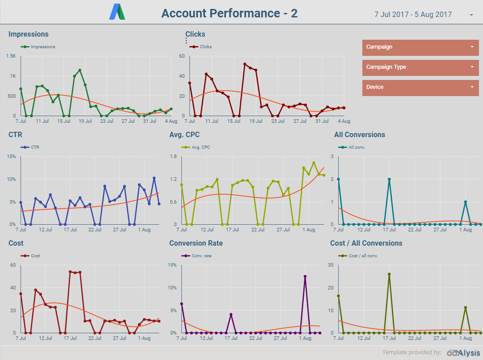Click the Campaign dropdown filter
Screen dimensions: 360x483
click(x=420, y=47)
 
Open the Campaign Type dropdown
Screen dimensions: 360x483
click(x=420, y=67)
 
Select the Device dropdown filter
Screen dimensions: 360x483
click(x=420, y=88)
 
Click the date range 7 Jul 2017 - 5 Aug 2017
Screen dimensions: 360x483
click(x=413, y=14)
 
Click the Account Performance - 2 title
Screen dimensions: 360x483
click(x=229, y=13)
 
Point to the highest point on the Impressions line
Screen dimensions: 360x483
click(x=80, y=70)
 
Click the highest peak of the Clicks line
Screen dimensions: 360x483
click(x=245, y=64)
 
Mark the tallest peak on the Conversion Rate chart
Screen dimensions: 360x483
click(x=305, y=276)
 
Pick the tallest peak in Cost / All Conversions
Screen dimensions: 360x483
click(x=389, y=274)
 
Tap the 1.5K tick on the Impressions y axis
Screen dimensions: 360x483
click(x=11, y=56)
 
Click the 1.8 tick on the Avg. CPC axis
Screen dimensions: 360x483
click(x=173, y=157)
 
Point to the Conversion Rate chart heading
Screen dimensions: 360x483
click(x=196, y=243)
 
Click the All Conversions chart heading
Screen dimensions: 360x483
click(x=359, y=135)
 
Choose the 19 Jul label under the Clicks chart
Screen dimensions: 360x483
click(x=256, y=121)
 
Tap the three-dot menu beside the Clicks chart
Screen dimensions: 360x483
click(x=186, y=41)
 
